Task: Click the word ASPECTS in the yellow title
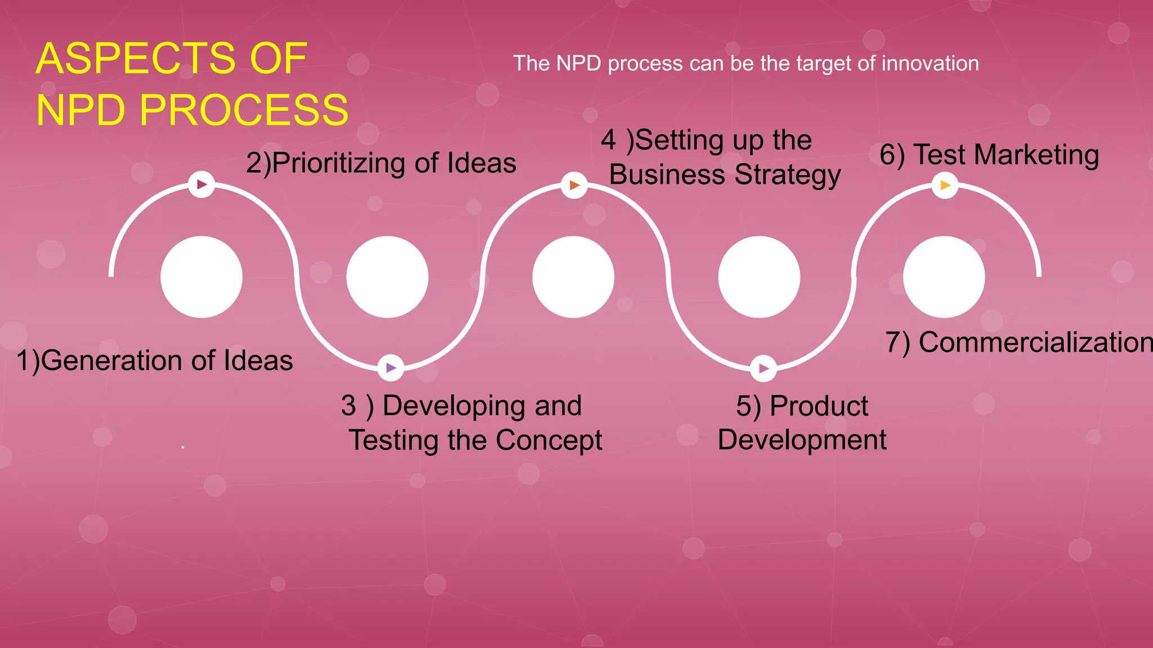point(135,58)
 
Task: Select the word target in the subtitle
point(818,64)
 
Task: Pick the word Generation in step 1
point(113,361)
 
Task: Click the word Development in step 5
point(802,440)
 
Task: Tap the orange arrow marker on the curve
point(574,185)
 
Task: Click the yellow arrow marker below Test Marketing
point(945,185)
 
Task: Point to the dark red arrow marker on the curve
point(202,184)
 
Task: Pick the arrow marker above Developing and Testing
point(391,368)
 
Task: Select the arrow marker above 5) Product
point(763,368)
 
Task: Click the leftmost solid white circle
point(202,277)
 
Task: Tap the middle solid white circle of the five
point(573,277)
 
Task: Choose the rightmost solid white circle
point(944,277)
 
